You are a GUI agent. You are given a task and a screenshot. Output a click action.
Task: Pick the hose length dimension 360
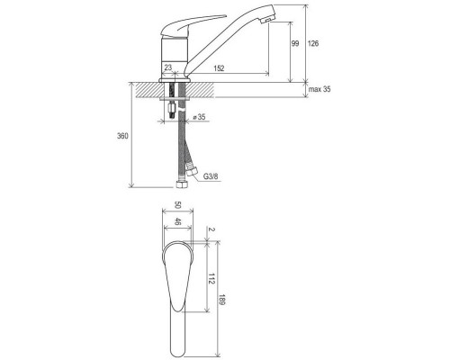pos(123,136)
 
